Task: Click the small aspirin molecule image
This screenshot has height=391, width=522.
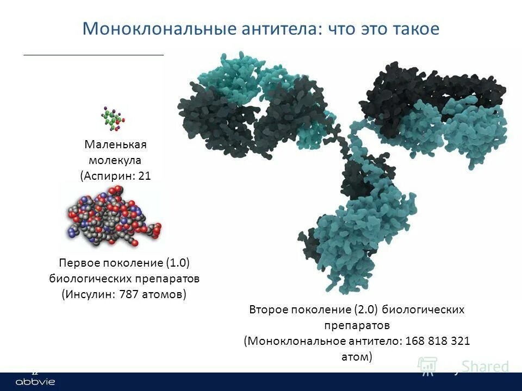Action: pos(113,119)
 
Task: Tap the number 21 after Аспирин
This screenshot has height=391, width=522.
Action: pos(144,175)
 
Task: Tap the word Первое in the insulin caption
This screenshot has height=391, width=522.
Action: pos(77,263)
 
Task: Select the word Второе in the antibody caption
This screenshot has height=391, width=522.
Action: pos(268,310)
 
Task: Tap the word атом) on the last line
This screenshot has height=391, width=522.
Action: pos(356,357)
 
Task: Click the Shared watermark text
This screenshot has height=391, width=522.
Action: pos(485,367)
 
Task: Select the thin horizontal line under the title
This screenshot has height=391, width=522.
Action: pos(94,55)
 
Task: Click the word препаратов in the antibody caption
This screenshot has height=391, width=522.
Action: pos(356,325)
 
